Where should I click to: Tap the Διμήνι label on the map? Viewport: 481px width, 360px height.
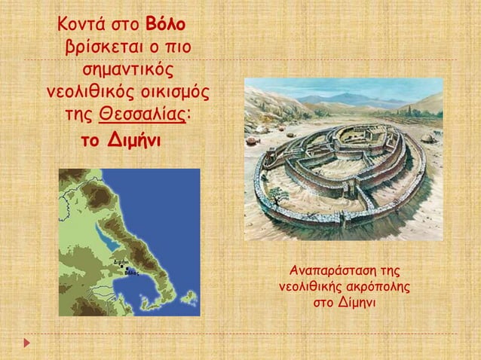click(x=120, y=261)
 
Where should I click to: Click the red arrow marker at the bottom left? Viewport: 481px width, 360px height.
click(x=28, y=343)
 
